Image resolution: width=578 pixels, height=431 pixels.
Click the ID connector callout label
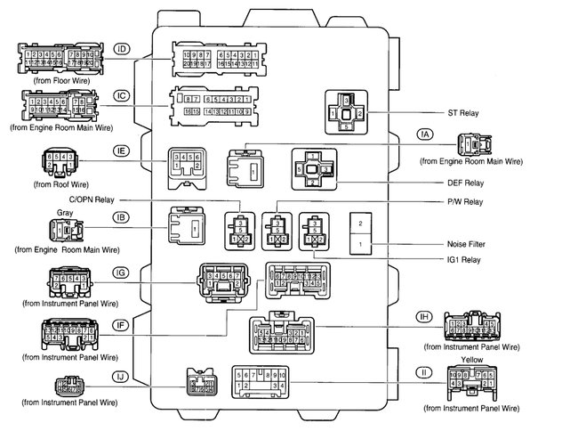(x=122, y=49)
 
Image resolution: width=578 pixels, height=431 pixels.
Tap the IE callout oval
(x=121, y=151)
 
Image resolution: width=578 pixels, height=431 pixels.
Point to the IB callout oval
(x=121, y=215)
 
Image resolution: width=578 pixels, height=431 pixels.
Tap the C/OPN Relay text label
(x=140, y=199)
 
